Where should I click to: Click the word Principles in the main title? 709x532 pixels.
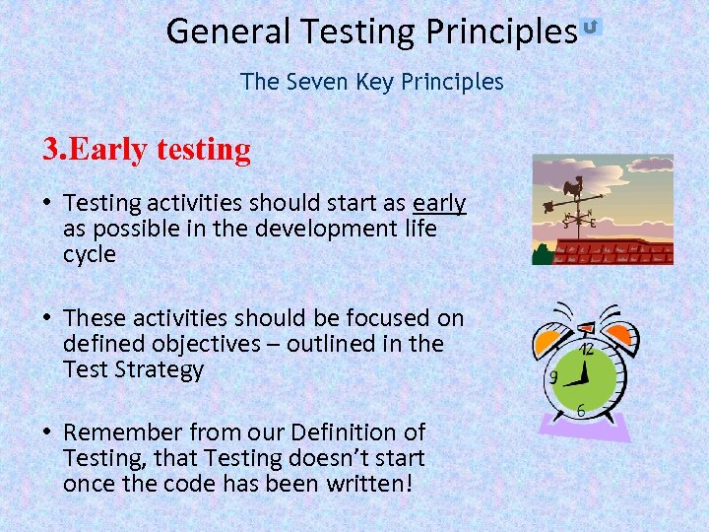click(501, 33)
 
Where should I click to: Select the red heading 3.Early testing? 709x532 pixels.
click(147, 150)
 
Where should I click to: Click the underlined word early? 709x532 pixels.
click(439, 203)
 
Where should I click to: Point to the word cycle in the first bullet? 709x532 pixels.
click(90, 254)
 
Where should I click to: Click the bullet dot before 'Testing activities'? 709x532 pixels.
click(47, 203)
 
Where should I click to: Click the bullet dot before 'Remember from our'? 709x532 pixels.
click(47, 432)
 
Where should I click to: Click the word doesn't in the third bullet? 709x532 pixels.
click(303, 458)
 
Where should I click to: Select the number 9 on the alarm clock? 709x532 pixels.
click(554, 378)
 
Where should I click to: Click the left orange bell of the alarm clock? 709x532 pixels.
click(549, 341)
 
